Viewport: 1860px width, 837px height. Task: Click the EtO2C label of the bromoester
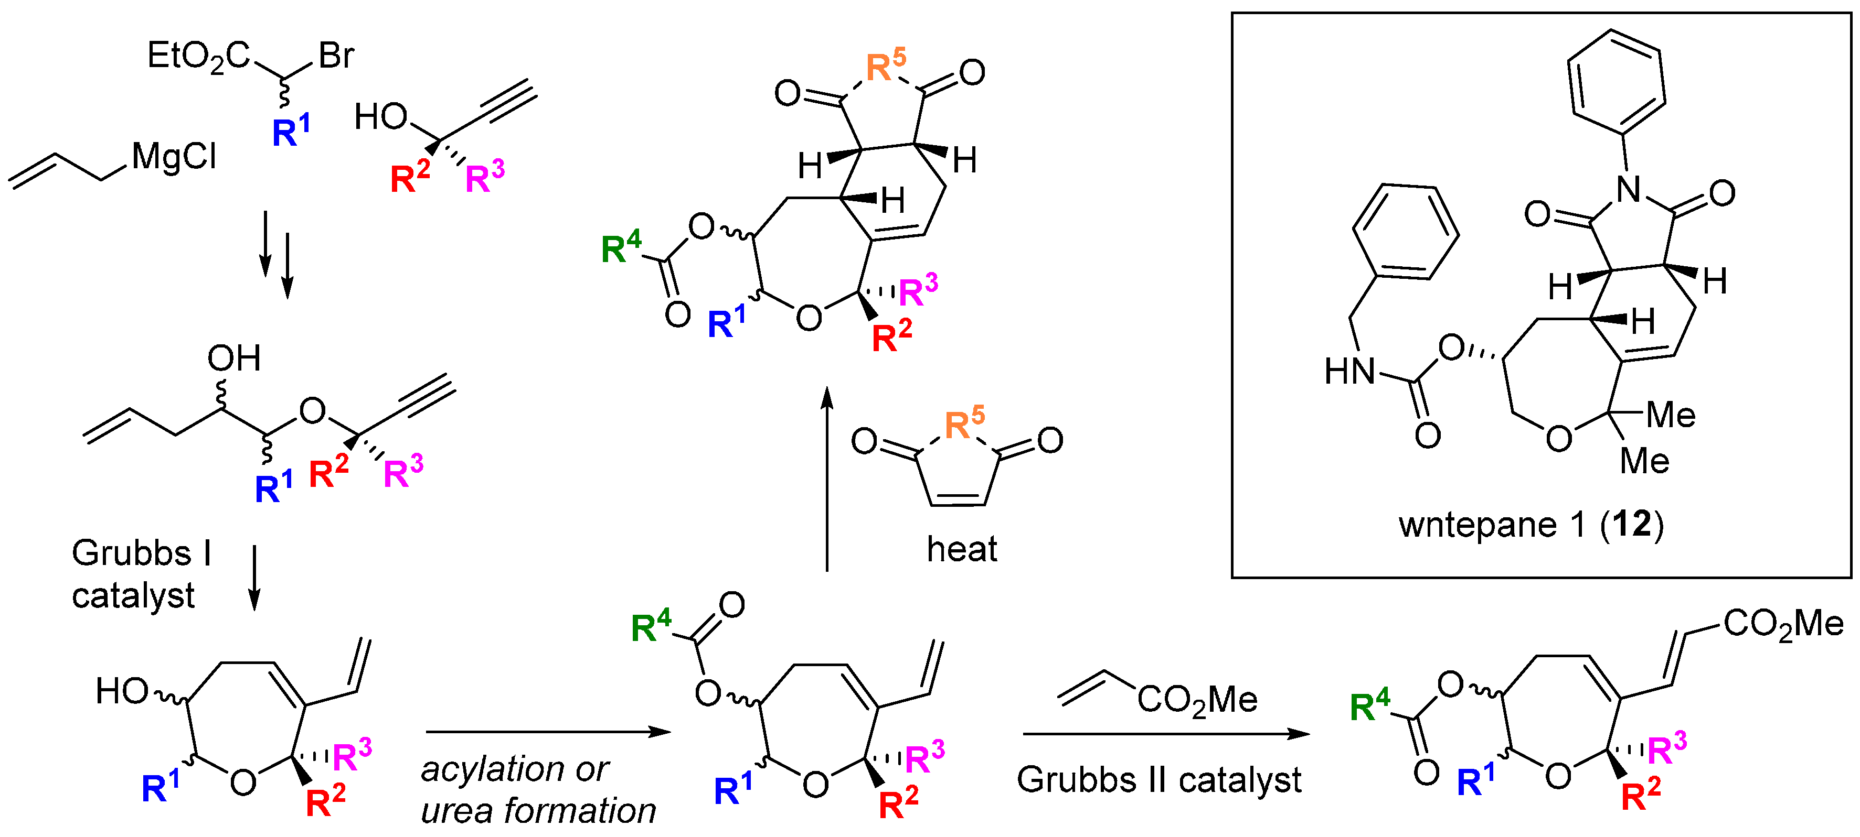pyautogui.click(x=198, y=56)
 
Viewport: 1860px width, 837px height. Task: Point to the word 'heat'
pyautogui.click(x=961, y=549)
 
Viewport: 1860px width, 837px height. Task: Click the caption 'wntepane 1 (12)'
pyautogui.click(x=1530, y=525)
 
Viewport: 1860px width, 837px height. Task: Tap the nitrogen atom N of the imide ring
pyautogui.click(x=1630, y=190)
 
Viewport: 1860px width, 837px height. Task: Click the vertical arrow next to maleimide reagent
pyautogui.click(x=827, y=480)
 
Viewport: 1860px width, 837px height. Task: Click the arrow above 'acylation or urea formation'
pyautogui.click(x=548, y=732)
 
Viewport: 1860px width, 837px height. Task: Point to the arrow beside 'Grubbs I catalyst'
pyautogui.click(x=254, y=577)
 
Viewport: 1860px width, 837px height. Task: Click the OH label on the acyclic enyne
pyautogui.click(x=234, y=358)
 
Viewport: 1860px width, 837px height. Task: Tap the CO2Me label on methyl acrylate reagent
pyautogui.click(x=1197, y=700)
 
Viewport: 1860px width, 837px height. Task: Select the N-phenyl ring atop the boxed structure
pyautogui.click(x=1617, y=82)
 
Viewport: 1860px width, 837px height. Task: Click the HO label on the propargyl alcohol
pyautogui.click(x=380, y=117)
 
